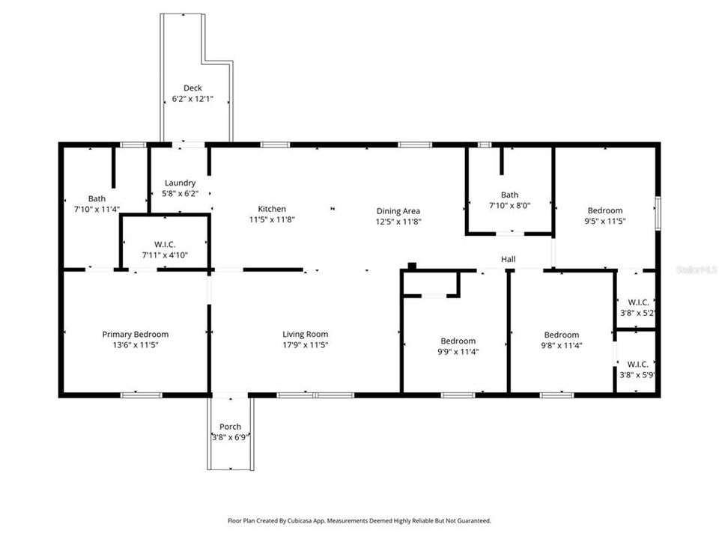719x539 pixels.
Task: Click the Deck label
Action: click(192, 88)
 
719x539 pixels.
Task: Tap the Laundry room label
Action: click(180, 183)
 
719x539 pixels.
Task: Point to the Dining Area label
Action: click(397, 211)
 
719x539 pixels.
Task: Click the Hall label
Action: click(508, 260)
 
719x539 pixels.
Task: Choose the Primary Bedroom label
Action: click(135, 335)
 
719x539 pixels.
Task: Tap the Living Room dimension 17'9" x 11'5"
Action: click(305, 345)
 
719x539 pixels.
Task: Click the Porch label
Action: click(230, 427)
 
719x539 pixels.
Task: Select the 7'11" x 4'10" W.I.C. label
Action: click(164, 244)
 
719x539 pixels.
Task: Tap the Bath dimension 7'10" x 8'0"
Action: click(509, 205)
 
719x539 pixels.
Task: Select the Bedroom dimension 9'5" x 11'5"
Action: click(604, 222)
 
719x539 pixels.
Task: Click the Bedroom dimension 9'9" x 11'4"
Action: click(457, 352)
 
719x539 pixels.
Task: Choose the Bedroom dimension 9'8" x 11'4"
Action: click(561, 346)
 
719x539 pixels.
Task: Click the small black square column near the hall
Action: click(411, 265)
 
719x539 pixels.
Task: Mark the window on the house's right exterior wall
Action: click(658, 212)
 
